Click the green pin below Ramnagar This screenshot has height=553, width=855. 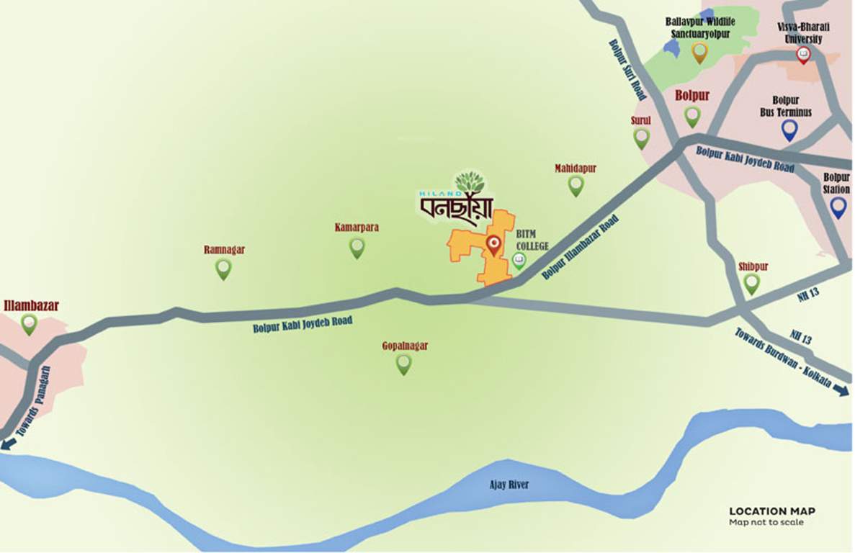(223, 269)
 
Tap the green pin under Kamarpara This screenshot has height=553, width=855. (357, 247)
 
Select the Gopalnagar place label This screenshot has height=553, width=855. (405, 346)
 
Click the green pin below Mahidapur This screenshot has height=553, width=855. (576, 185)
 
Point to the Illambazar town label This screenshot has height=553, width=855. (31, 305)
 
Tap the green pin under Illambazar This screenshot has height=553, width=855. (29, 323)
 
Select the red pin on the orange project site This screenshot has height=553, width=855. (493, 245)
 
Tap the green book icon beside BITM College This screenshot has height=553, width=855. (519, 260)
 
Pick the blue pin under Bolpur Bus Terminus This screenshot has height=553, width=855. (789, 130)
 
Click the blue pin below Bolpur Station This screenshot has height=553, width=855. (838, 207)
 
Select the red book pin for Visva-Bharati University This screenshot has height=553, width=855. (802, 55)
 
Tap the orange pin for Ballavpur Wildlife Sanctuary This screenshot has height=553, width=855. (699, 52)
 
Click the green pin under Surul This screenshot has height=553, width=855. (641, 138)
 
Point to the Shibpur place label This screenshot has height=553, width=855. (753, 266)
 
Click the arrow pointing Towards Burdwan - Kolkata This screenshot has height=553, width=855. (839, 391)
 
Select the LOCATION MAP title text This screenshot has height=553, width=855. (772, 511)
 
